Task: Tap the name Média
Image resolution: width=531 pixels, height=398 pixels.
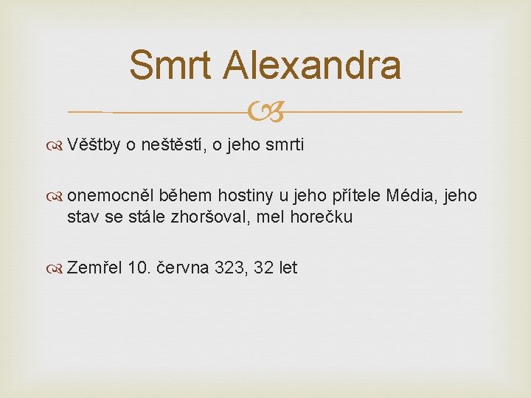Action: coord(406,196)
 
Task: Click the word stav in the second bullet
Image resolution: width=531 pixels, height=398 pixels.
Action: coord(81,217)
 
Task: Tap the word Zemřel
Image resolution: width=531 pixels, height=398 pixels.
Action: coord(94,268)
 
